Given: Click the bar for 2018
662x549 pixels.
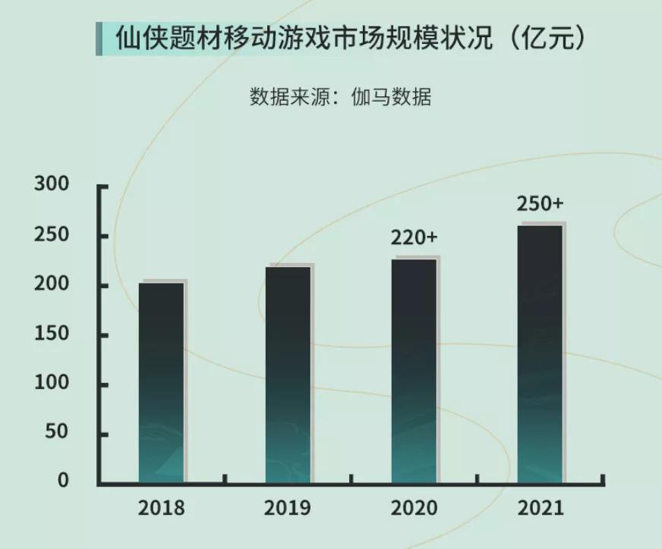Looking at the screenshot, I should click(161, 382).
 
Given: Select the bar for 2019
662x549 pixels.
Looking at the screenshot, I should click(288, 375).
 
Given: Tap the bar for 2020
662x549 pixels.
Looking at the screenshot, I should click(415, 371).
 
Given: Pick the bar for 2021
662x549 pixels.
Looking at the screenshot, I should click(540, 354).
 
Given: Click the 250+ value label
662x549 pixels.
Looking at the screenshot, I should click(540, 204).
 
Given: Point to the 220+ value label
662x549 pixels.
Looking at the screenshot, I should click(415, 237).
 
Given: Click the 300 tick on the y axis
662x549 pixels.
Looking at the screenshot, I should click(52, 185).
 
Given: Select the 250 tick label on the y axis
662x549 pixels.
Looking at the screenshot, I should click(52, 236).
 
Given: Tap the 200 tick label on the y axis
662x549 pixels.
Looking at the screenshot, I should click(52, 286).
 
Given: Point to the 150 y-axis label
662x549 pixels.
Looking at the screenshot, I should click(52, 335).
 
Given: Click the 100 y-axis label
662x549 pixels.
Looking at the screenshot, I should click(52, 384).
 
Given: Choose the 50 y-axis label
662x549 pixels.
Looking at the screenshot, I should click(58, 434).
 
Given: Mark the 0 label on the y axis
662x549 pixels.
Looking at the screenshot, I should click(63, 481).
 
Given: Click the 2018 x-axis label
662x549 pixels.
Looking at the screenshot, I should click(161, 507).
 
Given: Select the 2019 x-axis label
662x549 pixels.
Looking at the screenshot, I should click(288, 507).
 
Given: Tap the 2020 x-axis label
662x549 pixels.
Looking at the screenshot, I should click(415, 507).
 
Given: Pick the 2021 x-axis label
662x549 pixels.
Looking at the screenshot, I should click(541, 507).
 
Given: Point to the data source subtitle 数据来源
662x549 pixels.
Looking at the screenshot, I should click(341, 97).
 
